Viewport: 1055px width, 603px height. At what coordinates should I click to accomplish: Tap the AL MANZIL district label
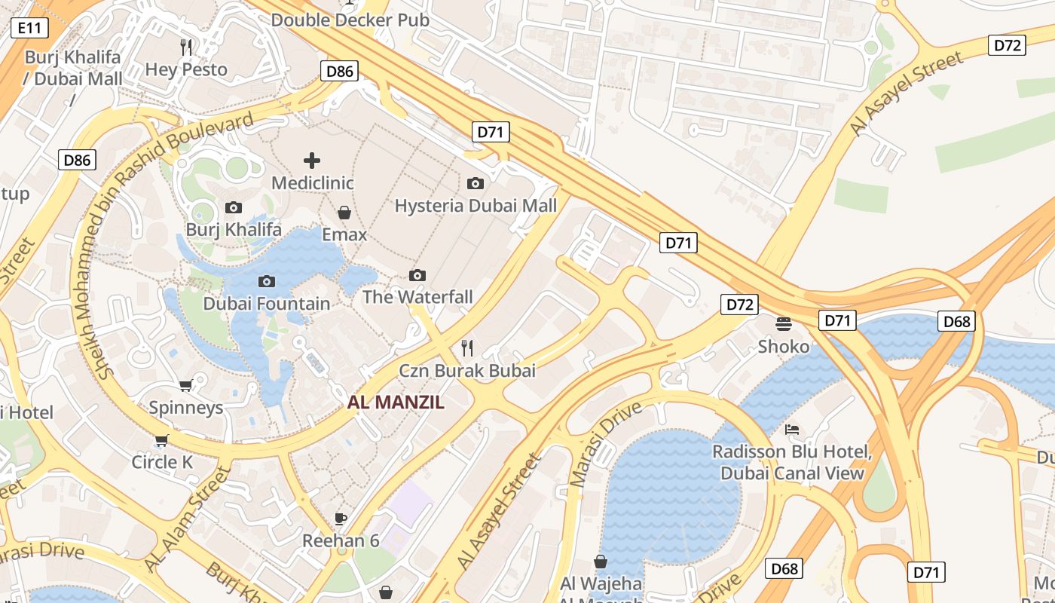click(396, 403)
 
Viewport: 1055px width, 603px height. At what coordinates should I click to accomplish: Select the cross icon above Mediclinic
click(312, 160)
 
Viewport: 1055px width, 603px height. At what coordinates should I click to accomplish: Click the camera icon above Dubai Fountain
click(266, 281)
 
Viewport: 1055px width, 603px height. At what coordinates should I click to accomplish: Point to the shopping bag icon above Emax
click(344, 213)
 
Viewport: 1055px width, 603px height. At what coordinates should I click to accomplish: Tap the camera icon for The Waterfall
click(417, 275)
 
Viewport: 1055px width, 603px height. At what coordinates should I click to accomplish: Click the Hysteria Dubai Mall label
click(476, 206)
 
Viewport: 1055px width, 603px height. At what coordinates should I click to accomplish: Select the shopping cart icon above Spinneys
click(186, 385)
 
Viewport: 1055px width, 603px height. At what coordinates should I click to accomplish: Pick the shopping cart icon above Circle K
click(162, 440)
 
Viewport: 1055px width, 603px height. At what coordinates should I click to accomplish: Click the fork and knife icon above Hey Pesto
click(186, 47)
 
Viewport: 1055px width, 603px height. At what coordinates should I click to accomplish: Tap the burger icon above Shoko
click(784, 324)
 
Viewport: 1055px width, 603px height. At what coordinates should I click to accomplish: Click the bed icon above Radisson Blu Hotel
click(792, 430)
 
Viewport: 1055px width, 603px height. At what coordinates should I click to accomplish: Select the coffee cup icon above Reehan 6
click(341, 519)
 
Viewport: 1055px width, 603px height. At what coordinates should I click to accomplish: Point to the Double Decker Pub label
click(350, 20)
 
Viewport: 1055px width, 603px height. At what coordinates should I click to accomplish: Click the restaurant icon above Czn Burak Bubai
click(467, 347)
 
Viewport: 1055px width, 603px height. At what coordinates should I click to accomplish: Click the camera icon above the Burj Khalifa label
click(234, 207)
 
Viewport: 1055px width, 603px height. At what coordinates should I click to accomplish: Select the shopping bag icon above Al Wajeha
click(601, 562)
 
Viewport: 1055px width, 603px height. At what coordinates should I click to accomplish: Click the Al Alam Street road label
click(187, 519)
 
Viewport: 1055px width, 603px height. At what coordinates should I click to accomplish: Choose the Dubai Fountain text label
click(267, 304)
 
